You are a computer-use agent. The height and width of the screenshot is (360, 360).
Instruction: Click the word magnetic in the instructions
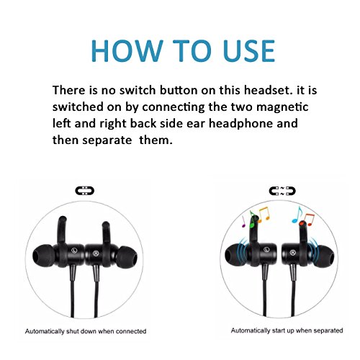point(282,107)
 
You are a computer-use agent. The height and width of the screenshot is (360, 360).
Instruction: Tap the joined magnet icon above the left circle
point(84,191)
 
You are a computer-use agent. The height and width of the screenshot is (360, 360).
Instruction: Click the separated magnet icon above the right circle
point(282,191)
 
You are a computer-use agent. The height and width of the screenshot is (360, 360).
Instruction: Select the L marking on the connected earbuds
point(74,250)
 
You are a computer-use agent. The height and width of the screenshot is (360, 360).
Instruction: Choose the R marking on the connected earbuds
point(96,253)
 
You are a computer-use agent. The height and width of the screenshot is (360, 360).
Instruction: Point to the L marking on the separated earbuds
point(266,250)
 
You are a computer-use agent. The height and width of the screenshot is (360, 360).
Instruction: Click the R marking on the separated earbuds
point(292,253)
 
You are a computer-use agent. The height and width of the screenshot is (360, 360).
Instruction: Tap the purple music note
point(243,221)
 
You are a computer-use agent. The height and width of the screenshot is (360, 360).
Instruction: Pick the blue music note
point(297,215)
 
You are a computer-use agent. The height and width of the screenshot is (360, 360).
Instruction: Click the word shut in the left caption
point(73,331)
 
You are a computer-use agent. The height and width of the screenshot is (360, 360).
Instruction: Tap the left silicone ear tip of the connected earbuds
point(43,256)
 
